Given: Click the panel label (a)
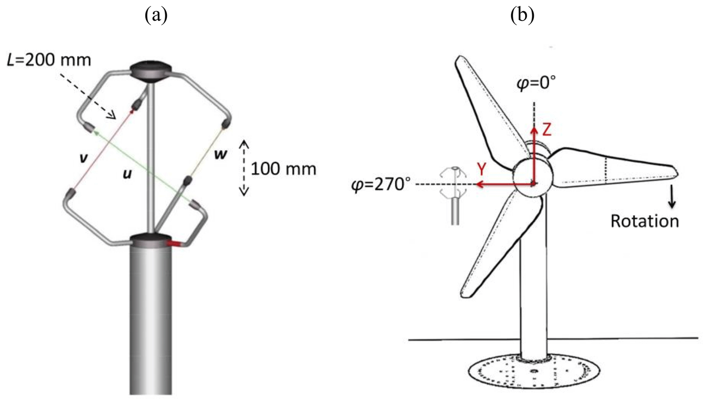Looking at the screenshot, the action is pos(156,15).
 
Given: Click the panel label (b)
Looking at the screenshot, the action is pos(522,15).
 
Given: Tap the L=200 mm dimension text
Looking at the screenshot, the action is pos(49,60).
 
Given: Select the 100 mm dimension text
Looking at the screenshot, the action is pos(284,169).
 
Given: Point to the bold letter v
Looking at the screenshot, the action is pos(83,158).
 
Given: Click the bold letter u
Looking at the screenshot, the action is pos(127,174).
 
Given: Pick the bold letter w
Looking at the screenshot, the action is pos(221,154).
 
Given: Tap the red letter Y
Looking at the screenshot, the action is pos(482,169).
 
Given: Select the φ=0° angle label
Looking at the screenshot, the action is pos(536,83).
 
